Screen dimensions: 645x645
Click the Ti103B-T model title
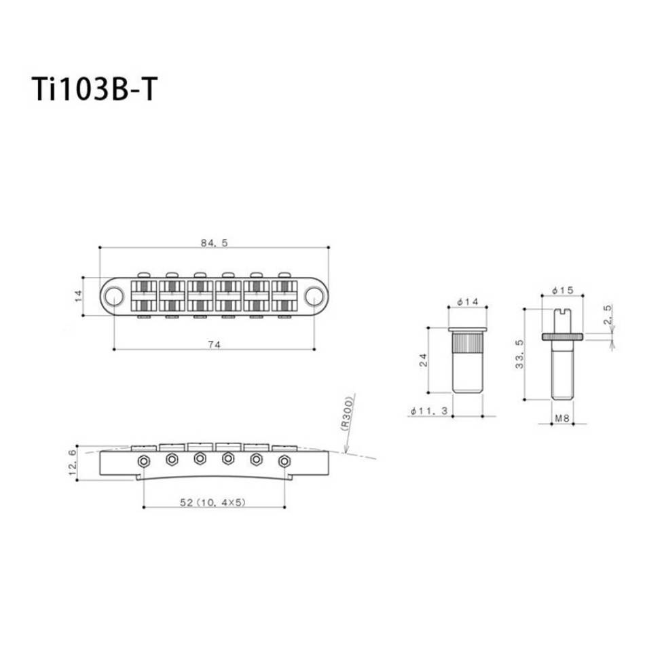tap(94, 89)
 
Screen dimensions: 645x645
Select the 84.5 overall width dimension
tap(214, 242)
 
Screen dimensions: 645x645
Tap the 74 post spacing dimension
tap(214, 345)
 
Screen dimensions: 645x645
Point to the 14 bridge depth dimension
tap(79, 296)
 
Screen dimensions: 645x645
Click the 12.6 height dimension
tap(73, 462)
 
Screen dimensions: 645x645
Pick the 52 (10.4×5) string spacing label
tap(213, 502)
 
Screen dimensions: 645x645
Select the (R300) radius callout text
tap(347, 413)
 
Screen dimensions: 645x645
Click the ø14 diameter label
tap(468, 301)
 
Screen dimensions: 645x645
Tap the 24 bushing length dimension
tap(423, 360)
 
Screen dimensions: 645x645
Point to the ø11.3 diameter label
tap(429, 411)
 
